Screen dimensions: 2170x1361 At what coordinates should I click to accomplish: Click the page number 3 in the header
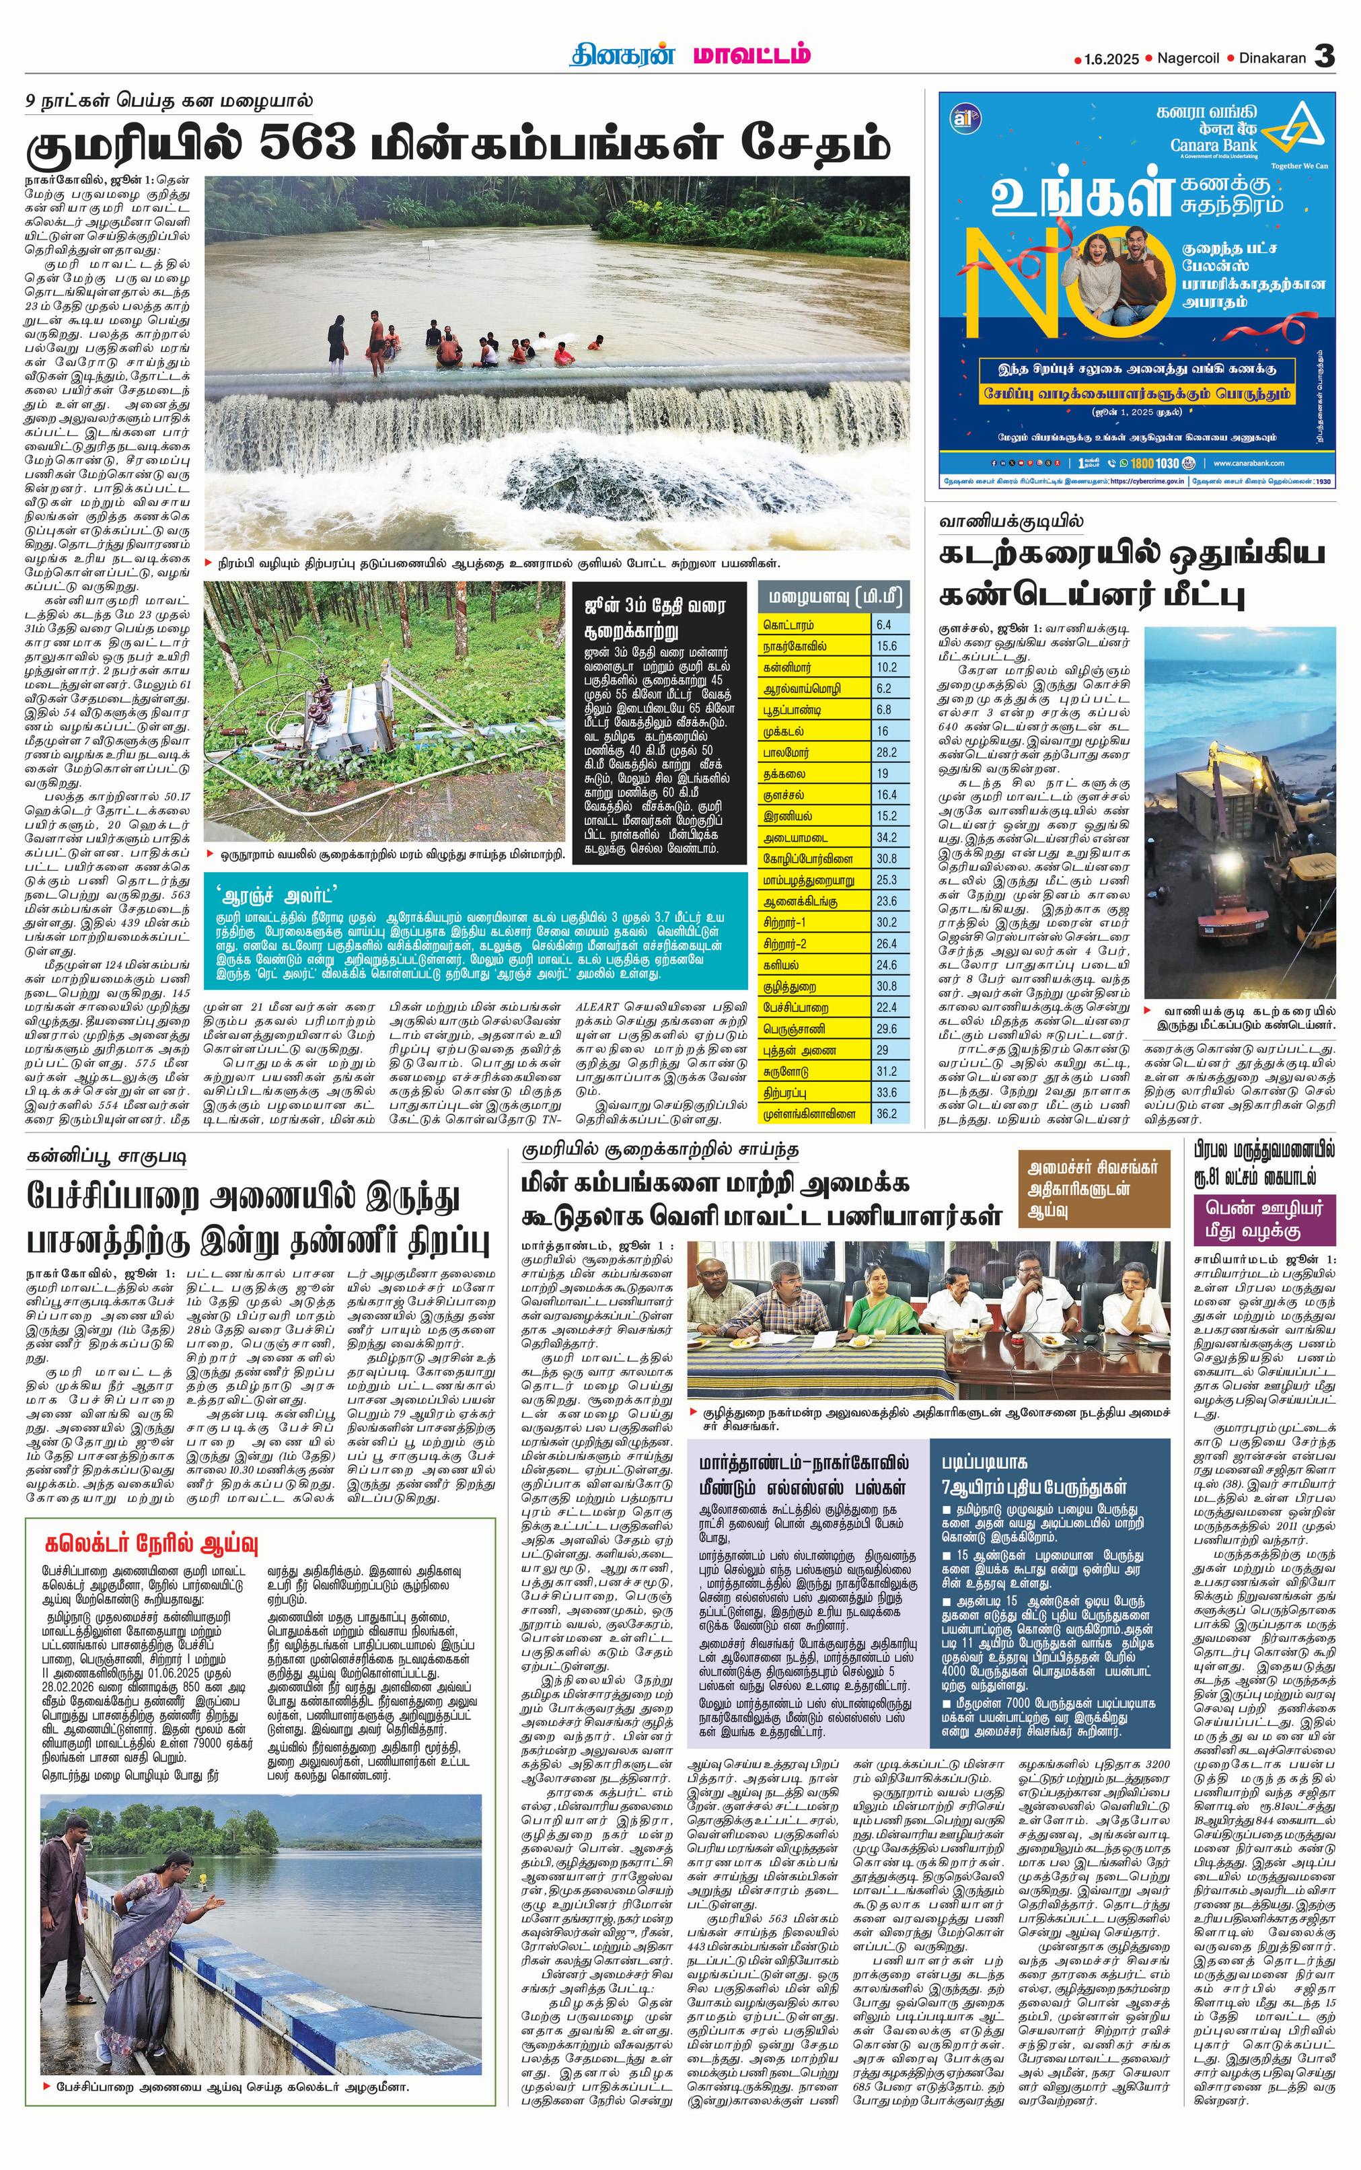coord(1323,57)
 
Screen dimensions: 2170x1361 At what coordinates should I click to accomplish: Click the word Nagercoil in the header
coord(1188,59)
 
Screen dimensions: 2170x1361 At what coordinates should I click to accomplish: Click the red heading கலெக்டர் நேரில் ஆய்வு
coord(151,1544)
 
